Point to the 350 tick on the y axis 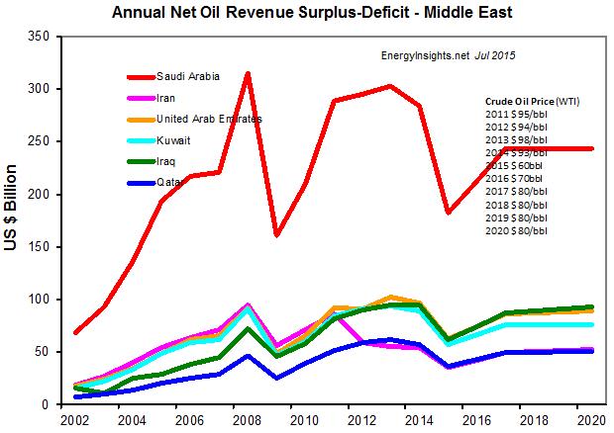pos(39,37)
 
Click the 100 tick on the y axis pos(39,300)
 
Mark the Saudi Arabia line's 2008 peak pos(247,74)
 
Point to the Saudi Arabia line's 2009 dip pos(276,234)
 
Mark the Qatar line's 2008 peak pos(247,355)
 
